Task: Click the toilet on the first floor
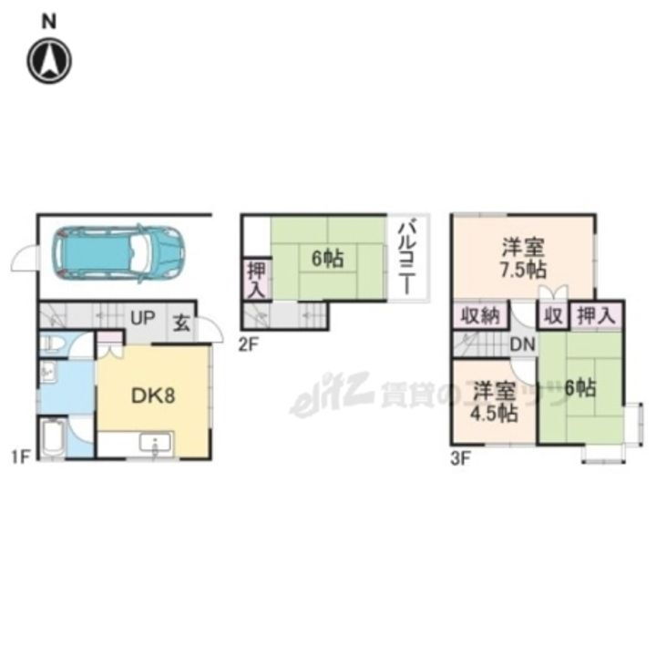[x=54, y=344]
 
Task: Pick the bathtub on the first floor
[x=52, y=437]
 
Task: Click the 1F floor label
[x=20, y=456]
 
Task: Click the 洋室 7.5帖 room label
[x=523, y=258]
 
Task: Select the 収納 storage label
[x=478, y=316]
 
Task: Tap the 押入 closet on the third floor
[x=597, y=315]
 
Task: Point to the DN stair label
[x=522, y=344]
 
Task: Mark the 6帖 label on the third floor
[x=579, y=387]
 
